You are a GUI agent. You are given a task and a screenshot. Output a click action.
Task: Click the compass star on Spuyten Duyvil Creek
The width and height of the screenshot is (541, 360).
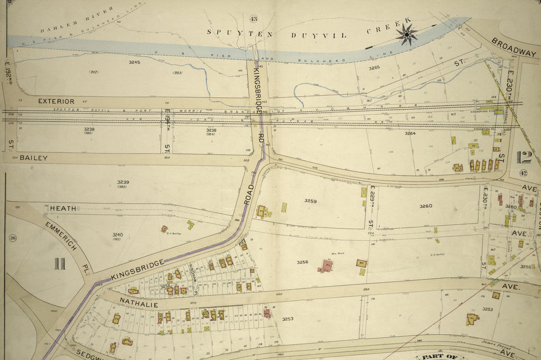[407, 34]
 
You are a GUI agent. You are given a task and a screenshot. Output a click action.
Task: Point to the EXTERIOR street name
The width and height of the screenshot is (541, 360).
[55, 100]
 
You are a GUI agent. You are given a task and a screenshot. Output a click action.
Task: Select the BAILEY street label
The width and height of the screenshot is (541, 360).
[34, 158]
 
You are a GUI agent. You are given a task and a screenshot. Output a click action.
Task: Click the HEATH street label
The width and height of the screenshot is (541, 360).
[63, 209]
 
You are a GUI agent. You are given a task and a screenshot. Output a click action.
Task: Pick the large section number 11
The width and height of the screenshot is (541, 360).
[59, 263]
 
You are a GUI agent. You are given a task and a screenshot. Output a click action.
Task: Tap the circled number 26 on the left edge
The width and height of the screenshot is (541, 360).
[13, 238]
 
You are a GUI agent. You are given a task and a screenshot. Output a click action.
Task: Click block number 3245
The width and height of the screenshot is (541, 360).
[134, 62]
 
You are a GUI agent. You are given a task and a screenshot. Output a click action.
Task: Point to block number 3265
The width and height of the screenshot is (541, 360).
[374, 68]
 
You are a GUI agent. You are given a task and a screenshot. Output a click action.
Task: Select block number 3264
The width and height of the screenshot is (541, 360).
[410, 134]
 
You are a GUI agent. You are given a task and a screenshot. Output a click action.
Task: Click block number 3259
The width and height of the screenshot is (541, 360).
[310, 201]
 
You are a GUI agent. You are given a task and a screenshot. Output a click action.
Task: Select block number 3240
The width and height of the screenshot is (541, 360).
[117, 235]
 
